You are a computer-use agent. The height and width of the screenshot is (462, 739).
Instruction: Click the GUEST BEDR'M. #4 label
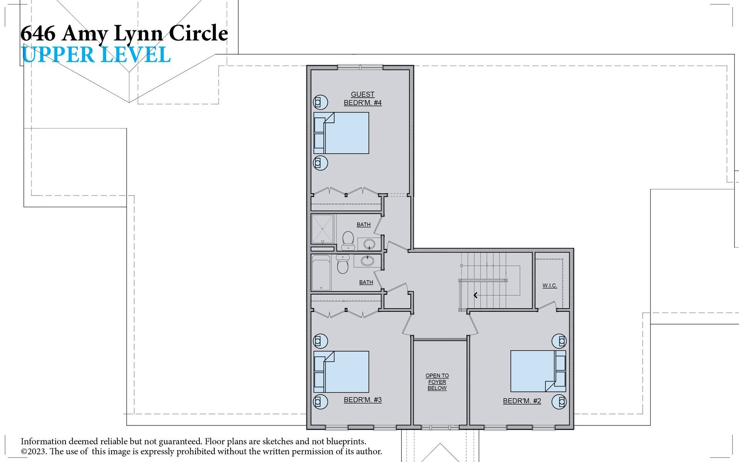tap(363, 99)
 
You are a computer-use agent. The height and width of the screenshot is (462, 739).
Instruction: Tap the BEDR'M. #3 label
tap(363, 400)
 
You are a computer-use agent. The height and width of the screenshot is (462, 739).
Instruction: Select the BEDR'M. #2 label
tap(522, 401)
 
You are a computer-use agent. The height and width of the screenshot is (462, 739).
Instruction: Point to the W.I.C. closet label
tap(550, 286)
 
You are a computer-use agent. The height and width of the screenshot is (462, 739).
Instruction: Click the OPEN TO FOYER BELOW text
tap(437, 382)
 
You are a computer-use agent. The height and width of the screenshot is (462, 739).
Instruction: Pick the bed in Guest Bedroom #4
tap(341, 133)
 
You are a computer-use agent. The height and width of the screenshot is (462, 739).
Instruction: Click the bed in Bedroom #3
tap(341, 372)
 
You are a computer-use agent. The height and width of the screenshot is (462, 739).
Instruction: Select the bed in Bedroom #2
tap(538, 371)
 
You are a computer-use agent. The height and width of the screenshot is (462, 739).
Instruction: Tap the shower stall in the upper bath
tap(322, 229)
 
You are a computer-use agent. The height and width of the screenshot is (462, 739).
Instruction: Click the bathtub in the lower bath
tap(321, 273)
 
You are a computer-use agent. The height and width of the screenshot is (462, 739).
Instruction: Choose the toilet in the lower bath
tap(342, 264)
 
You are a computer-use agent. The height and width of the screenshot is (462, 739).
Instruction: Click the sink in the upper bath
tap(369, 244)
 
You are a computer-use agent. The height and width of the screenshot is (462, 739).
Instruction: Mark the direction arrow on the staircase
tap(476, 295)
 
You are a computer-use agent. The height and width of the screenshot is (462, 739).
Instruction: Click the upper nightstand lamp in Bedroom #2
tap(559, 341)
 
